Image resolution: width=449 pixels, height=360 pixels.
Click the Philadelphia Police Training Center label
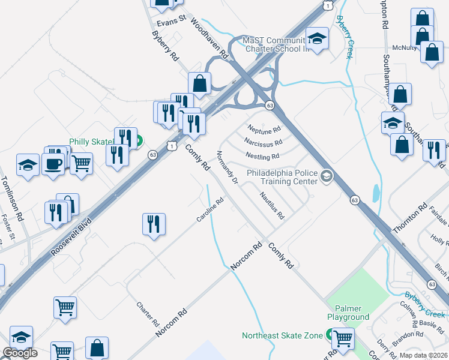282,175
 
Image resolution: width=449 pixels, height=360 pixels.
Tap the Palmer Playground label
348,313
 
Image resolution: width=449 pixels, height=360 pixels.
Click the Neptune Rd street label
264,128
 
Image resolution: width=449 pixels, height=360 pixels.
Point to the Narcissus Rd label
263,143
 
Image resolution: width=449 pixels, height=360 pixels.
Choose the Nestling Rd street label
262,157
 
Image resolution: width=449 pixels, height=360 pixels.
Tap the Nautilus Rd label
272,206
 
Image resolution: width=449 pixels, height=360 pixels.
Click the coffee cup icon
53,163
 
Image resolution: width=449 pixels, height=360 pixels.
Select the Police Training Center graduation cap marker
327,176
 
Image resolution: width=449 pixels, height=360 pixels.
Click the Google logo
20,353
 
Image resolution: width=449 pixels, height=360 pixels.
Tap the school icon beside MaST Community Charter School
318,39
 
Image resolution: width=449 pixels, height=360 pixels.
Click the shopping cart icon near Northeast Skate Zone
343,338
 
